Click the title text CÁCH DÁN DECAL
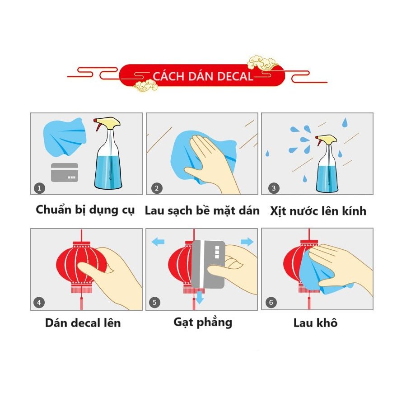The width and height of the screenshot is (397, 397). (x=203, y=76)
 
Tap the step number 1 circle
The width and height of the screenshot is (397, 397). (x=39, y=188)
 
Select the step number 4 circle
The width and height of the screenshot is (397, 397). (x=39, y=302)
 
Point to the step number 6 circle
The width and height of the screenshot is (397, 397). (x=271, y=302)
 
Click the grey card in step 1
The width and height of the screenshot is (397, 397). (x=65, y=173)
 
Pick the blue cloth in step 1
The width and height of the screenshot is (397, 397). (x=65, y=137)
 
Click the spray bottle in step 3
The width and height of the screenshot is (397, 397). (x=327, y=163)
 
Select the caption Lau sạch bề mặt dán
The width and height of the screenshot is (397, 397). (x=202, y=210)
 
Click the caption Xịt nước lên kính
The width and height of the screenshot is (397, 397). (x=318, y=210)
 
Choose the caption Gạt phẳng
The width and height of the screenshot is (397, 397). (x=203, y=322)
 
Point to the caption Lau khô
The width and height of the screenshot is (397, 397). (x=315, y=323)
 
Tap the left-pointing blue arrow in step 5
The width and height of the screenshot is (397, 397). (x=158, y=242)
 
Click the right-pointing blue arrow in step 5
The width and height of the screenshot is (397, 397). (x=247, y=242)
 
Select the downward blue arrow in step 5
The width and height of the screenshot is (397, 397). (x=200, y=298)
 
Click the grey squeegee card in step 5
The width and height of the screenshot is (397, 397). (x=208, y=264)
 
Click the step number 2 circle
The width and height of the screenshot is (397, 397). (x=157, y=188)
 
